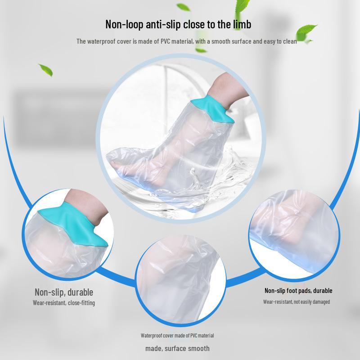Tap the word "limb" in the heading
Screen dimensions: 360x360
(241, 24)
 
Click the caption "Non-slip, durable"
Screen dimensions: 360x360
(64, 292)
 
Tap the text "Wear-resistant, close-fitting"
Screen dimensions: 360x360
(64, 303)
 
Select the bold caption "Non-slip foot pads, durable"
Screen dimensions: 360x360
(298, 291)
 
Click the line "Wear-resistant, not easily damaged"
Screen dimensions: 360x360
(297, 302)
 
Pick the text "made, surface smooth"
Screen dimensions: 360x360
(177, 348)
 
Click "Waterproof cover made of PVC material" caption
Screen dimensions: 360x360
(177, 336)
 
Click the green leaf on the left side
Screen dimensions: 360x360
(45, 70)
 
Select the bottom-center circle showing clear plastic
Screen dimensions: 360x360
(180, 279)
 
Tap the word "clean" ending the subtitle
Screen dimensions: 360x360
(289, 41)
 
